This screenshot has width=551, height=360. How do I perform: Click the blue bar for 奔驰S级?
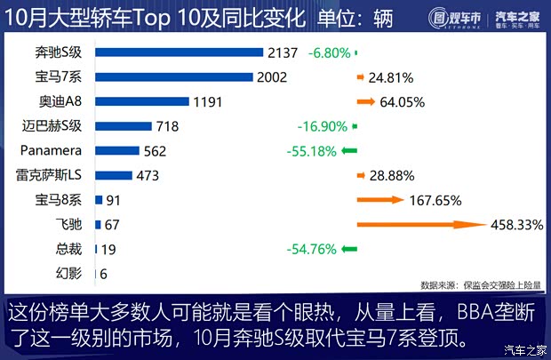(x=178, y=52)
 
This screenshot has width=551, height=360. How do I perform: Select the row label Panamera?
(x=51, y=151)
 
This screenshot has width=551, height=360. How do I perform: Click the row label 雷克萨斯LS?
(x=50, y=175)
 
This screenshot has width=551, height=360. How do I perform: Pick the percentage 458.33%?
(x=516, y=225)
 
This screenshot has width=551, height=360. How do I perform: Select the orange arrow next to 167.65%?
(x=379, y=200)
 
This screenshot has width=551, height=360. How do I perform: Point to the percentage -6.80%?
(x=329, y=52)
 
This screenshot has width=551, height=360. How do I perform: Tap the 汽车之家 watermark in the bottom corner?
(x=523, y=348)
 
